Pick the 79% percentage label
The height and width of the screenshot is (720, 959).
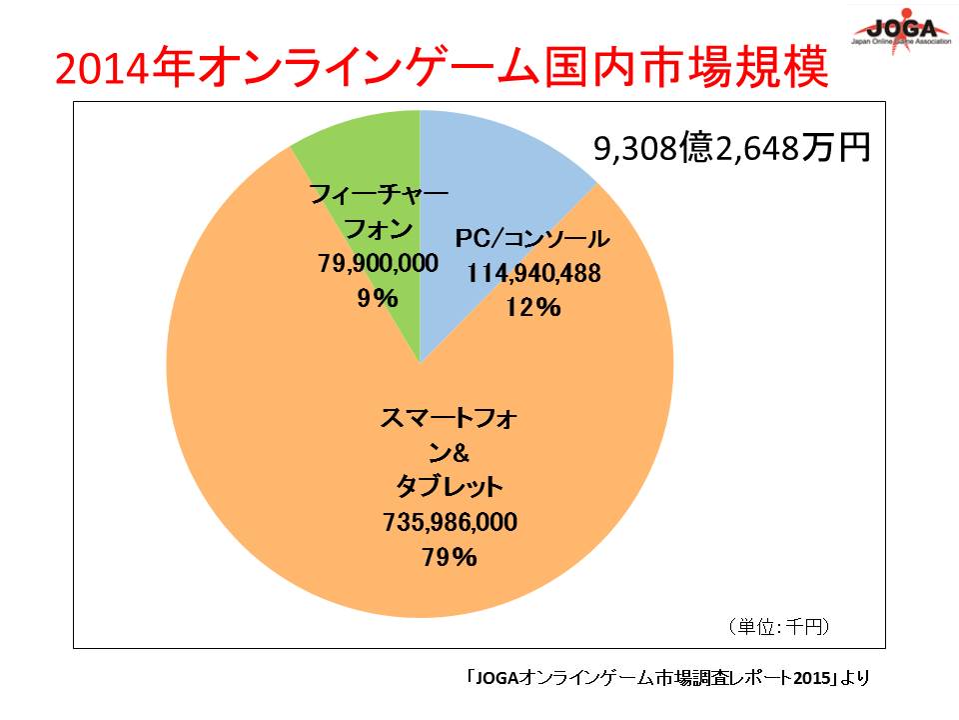[x=450, y=557]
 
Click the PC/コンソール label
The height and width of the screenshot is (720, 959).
[x=531, y=239]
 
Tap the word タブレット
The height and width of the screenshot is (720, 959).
[x=450, y=488]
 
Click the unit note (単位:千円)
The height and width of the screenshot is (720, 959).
[x=779, y=627]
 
